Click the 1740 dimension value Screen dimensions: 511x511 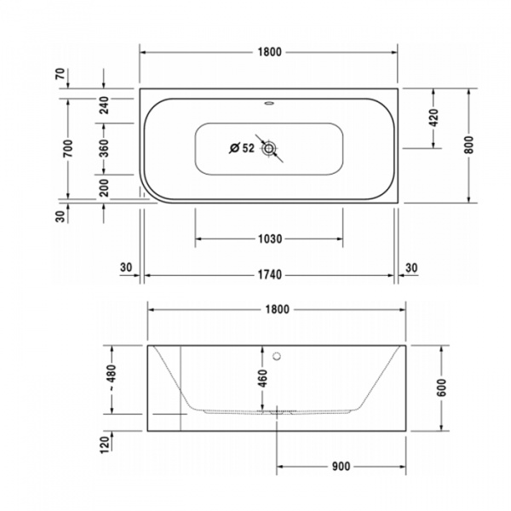coord(269,275)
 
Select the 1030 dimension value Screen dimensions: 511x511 coord(269,238)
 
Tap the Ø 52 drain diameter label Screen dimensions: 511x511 coord(242,148)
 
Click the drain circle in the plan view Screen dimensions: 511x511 coord(270,149)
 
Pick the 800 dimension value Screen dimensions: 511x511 coord(468,145)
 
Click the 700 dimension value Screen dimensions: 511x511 coord(67,147)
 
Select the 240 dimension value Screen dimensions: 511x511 coord(104,105)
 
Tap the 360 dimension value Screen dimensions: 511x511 coord(104,148)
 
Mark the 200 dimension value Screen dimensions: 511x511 coord(104,187)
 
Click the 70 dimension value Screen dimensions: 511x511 coord(60,74)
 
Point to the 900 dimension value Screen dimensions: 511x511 coord(341,466)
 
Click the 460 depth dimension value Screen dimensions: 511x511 coord(262,377)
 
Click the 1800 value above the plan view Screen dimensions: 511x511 coord(269,52)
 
